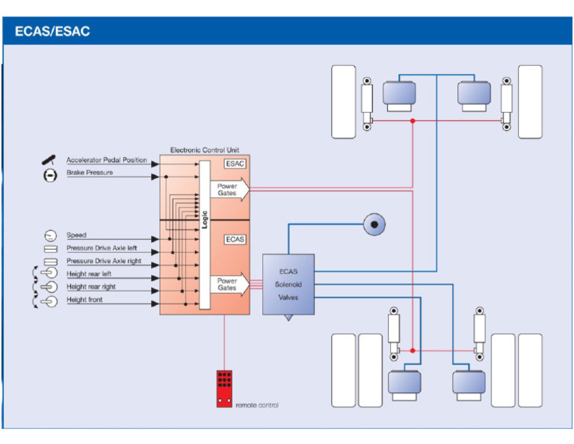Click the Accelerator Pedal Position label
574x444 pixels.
click(107, 160)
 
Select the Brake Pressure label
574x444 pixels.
click(90, 173)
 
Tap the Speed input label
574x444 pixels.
click(76, 235)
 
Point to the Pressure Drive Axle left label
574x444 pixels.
click(102, 248)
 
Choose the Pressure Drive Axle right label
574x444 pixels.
click(103, 261)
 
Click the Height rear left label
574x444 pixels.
click(89, 275)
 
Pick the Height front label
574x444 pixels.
click(84, 300)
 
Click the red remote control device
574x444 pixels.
click(223, 388)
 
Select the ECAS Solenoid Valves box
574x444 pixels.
click(288, 284)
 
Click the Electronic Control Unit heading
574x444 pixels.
click(203, 150)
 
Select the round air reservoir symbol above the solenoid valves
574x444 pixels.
click(374, 223)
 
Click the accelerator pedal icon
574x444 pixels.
click(50, 160)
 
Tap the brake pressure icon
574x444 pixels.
click(50, 174)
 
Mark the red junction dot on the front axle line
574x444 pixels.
click(413, 120)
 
